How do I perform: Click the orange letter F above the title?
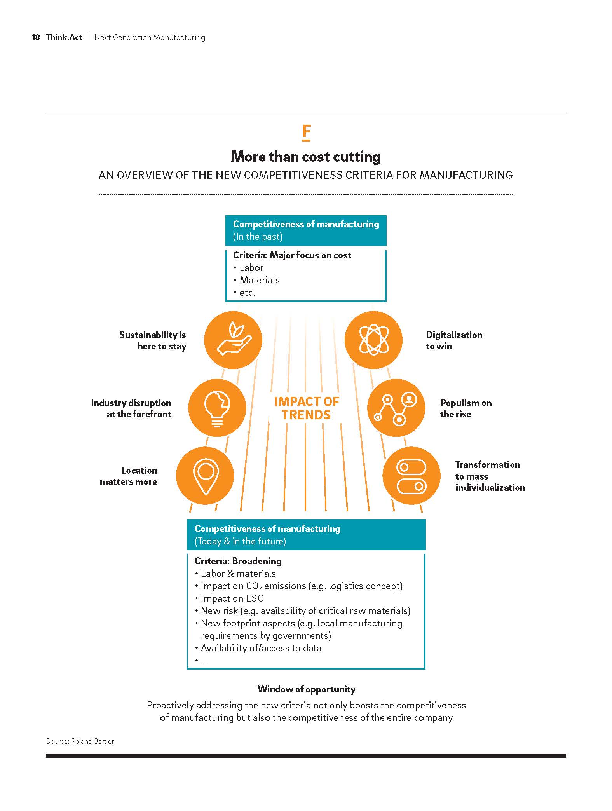306,133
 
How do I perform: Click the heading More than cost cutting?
306,157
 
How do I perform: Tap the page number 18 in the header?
36,37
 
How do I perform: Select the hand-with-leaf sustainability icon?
233,340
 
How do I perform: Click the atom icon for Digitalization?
373,340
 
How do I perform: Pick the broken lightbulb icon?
217,408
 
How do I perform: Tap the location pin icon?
205,475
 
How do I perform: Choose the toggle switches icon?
411,476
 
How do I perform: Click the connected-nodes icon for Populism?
396,408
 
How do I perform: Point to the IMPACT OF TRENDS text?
306,408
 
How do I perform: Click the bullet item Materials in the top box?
260,280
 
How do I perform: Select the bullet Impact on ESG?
232,598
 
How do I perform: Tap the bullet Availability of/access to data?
261,648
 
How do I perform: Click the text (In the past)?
258,237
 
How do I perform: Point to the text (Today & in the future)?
240,541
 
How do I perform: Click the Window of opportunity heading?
306,689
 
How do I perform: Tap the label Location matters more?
129,476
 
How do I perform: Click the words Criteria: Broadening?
238,561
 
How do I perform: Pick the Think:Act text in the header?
64,37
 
